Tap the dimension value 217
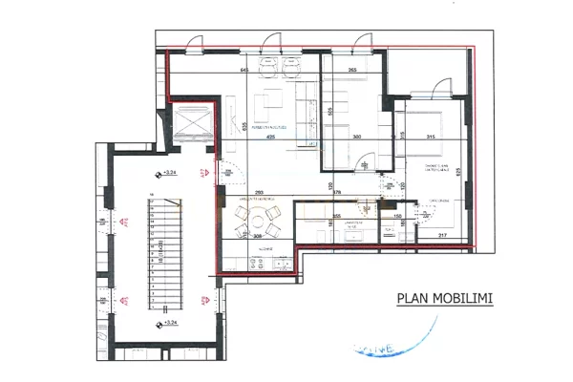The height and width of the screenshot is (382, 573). point(440,235)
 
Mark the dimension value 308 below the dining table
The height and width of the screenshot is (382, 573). point(257,235)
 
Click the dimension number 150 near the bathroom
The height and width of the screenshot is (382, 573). point(396,216)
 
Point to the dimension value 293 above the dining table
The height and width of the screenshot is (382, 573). point(258,193)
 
